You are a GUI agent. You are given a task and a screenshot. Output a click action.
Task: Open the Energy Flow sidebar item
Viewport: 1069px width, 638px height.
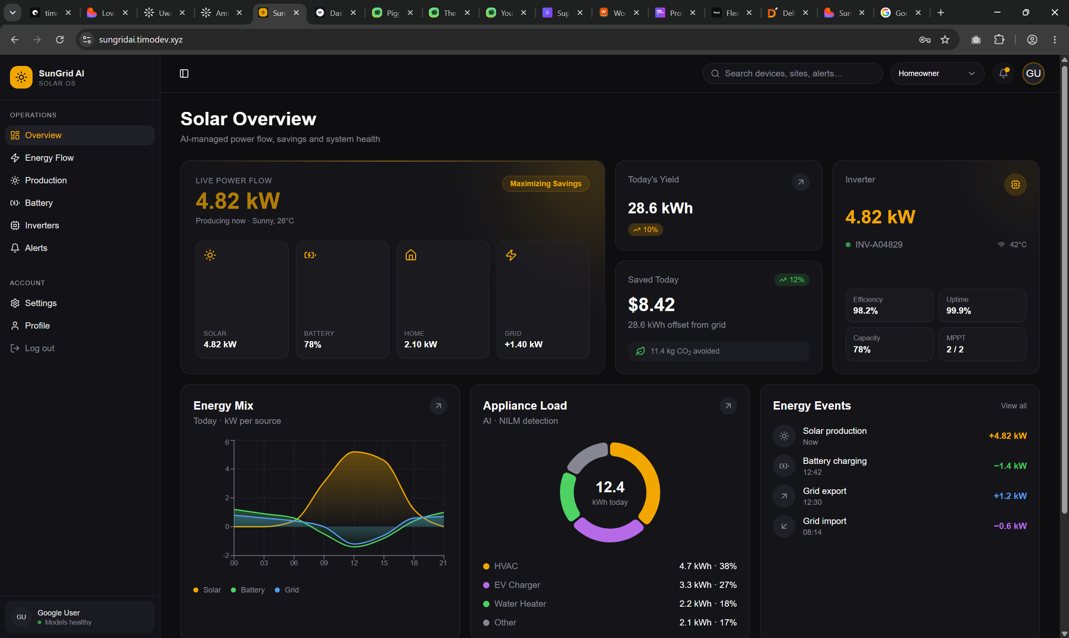49,158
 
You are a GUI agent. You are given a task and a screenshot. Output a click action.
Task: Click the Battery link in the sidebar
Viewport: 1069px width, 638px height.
39,203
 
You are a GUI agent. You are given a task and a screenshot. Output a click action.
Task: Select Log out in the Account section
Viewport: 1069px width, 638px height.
40,348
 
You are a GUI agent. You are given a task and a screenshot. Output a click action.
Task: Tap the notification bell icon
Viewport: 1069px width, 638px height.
1003,73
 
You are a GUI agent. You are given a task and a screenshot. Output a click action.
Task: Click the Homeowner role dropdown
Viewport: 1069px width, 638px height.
937,73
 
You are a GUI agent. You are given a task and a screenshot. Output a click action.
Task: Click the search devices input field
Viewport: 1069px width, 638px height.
793,73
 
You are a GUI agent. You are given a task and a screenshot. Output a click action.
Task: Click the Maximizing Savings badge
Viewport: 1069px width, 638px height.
545,184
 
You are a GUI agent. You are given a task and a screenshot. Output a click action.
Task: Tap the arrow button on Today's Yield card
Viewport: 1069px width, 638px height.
800,182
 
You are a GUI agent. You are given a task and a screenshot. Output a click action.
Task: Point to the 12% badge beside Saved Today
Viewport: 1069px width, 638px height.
792,280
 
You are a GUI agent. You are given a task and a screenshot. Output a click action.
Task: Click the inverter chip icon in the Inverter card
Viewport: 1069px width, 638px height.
1015,185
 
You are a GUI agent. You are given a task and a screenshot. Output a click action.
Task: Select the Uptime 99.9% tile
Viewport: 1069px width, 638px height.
982,306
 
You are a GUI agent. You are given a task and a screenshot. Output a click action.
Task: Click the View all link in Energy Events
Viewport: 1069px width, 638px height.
1013,406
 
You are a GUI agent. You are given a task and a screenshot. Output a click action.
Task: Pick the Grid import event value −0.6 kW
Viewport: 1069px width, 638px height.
1010,526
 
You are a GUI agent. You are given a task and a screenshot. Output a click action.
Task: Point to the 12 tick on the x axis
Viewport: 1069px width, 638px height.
354,563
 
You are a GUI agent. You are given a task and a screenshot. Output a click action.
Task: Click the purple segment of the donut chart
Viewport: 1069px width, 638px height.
608,532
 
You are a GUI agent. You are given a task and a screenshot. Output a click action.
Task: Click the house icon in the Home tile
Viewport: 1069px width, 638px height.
410,256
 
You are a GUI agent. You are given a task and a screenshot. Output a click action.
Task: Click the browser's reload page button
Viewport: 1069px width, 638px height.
60,40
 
